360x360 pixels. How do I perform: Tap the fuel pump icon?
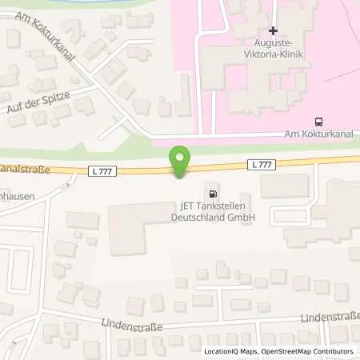click(x=212, y=193)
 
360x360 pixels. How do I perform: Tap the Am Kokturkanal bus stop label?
click(x=320, y=135)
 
